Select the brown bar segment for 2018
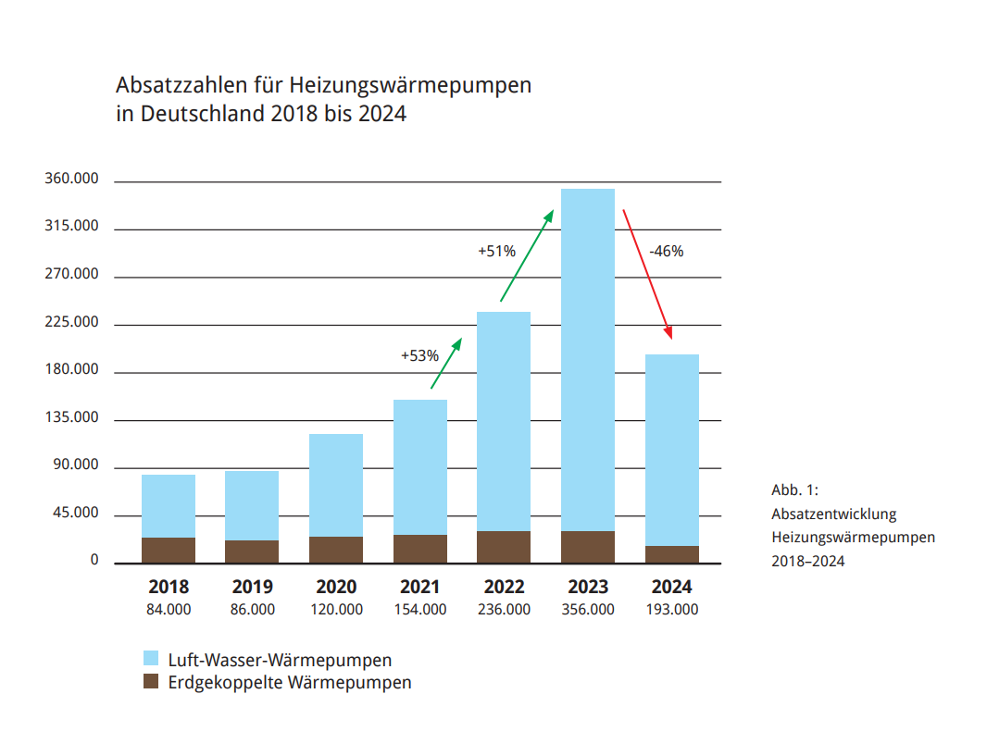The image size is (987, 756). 169,550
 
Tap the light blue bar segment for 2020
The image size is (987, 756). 336,485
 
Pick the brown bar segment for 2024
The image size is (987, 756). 671,554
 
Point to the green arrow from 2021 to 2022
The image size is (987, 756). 445,363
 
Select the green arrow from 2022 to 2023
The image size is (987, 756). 527,255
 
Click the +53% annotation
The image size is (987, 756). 419,355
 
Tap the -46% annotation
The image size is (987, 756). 667,251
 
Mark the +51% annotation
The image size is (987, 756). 496,251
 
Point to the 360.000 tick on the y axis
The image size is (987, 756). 71,180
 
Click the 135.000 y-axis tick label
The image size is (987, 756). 71,417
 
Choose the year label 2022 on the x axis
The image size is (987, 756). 504,587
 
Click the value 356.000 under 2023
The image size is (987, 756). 587,610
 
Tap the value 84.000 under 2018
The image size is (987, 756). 169,610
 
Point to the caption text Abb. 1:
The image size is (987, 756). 795,490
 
